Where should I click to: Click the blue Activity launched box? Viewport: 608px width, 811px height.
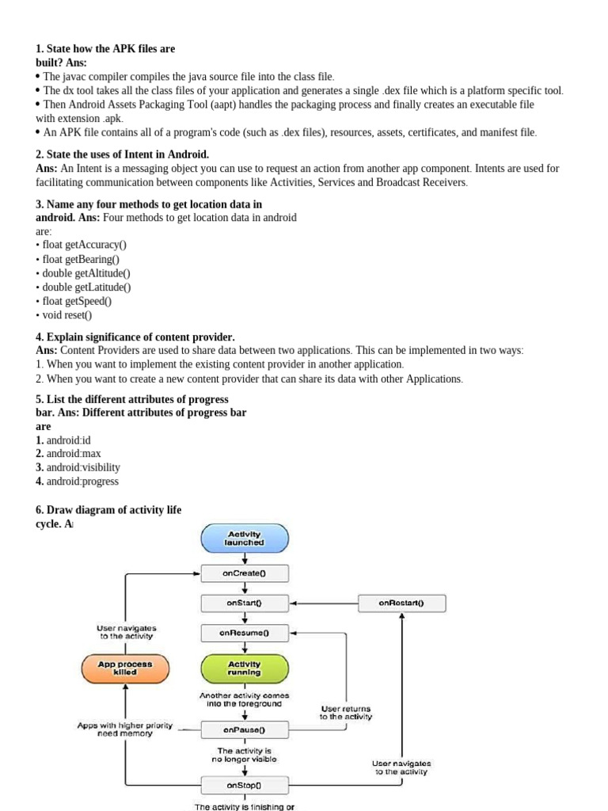tap(245, 539)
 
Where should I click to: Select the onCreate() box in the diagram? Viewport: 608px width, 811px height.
tap(245, 573)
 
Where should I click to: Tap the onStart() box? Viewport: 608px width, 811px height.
tap(245, 603)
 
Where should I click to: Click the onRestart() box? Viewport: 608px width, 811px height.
tap(401, 603)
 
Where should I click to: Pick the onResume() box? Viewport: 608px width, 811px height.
tap(245, 633)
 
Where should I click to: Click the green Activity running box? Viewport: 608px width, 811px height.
tap(245, 668)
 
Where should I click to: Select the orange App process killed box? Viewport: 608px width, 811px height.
tap(125, 668)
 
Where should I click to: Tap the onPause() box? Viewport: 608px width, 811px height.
tap(245, 729)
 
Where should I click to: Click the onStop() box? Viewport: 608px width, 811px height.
tap(245, 785)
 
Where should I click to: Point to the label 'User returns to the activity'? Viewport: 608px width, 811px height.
tap(345, 713)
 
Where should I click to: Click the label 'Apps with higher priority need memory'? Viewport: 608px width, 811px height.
tap(124, 729)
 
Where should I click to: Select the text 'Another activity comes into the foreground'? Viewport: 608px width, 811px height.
tap(244, 699)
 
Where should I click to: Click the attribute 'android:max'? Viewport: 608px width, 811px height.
tap(74, 454)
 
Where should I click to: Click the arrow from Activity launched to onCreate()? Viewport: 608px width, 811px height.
tap(245, 558)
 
